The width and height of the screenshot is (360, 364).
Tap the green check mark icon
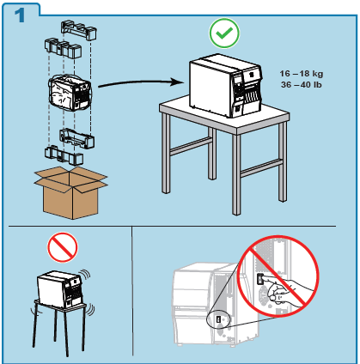click(224, 34)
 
